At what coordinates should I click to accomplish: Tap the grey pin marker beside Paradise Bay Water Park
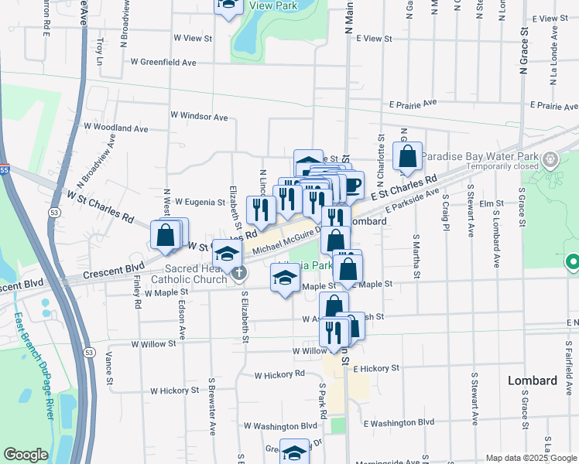click(x=550, y=160)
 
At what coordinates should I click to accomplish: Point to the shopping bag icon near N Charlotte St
click(x=407, y=157)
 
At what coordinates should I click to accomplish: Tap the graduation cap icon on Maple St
click(x=285, y=278)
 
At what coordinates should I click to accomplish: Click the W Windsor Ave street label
click(x=200, y=116)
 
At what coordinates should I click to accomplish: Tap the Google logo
click(x=26, y=455)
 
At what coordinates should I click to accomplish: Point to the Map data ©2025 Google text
click(x=531, y=458)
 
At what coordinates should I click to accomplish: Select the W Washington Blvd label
click(x=280, y=425)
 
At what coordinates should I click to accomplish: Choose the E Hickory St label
click(x=375, y=369)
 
